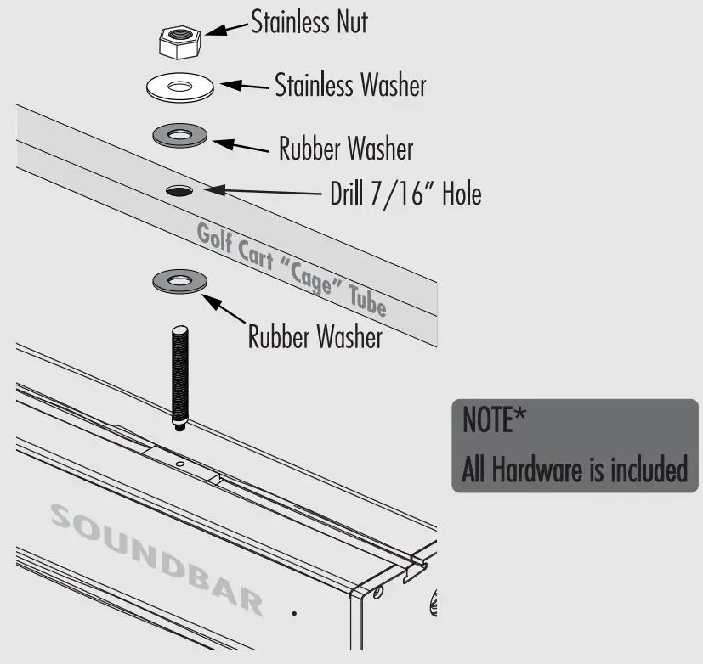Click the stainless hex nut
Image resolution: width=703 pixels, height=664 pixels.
tap(179, 40)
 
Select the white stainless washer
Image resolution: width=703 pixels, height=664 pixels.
tap(179, 87)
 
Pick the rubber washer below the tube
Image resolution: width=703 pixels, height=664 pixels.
tap(179, 280)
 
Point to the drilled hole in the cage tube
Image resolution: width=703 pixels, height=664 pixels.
tap(179, 191)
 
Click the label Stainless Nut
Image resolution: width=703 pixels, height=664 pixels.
tap(309, 22)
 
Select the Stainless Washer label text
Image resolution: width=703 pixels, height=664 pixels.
tap(350, 85)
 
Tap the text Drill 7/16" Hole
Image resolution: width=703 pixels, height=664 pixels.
tap(405, 194)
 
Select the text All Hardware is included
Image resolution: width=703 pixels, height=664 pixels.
tap(574, 469)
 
